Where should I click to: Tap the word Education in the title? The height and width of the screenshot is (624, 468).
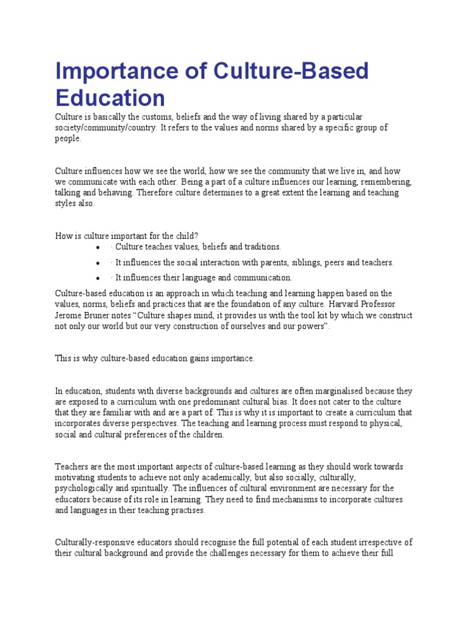[110, 97]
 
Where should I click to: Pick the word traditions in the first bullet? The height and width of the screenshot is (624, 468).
[261, 247]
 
